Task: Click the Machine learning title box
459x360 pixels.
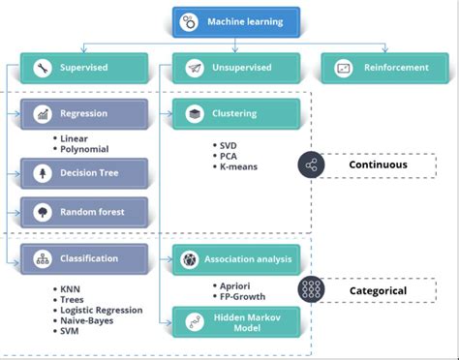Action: point(237,20)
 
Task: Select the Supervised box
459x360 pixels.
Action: point(84,68)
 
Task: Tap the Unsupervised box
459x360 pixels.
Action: point(237,68)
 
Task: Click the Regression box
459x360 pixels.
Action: point(84,114)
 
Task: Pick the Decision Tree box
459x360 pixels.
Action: point(84,173)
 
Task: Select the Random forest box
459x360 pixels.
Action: point(84,212)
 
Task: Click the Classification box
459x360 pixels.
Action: point(84,258)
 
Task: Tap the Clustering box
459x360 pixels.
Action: point(237,114)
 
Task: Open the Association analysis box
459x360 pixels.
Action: point(237,259)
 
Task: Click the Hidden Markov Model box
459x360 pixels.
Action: point(237,321)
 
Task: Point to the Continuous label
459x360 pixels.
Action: point(378,165)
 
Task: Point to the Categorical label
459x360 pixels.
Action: point(378,289)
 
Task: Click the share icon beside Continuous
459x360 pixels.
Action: point(311,165)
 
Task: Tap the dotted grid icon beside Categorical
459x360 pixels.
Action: point(311,289)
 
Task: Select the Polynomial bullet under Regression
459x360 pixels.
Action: point(84,149)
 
